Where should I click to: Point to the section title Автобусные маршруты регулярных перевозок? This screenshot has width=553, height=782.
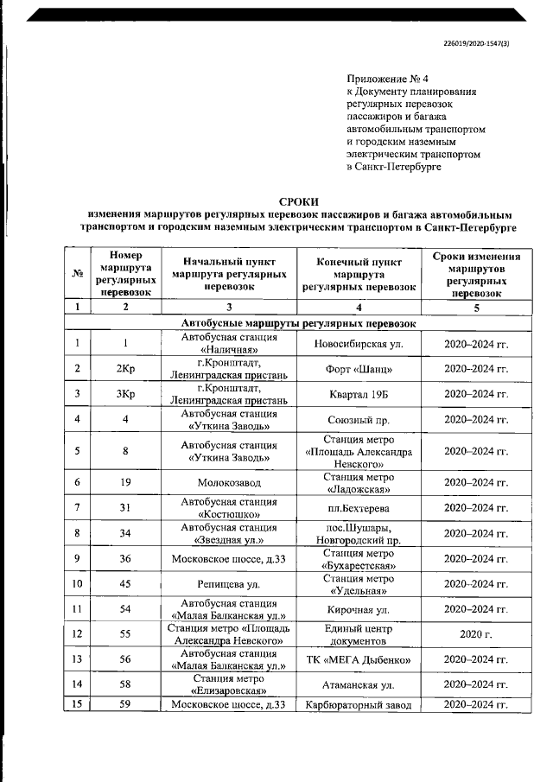pyautogui.click(x=298, y=323)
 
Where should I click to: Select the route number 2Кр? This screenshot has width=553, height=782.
pyautogui.click(x=126, y=369)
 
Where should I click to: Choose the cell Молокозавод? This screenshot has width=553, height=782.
pyautogui.click(x=228, y=481)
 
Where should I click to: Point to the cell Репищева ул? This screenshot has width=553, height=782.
pyautogui.click(x=228, y=583)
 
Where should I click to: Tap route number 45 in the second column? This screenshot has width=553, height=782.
pyautogui.click(x=126, y=583)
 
